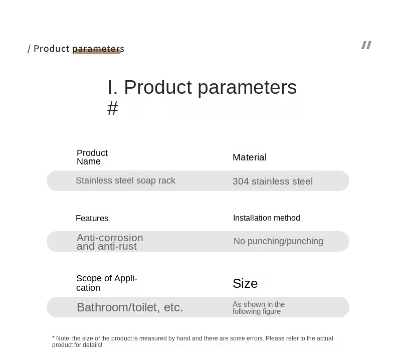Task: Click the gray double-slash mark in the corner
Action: tap(366, 45)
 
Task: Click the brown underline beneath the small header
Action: tap(97, 52)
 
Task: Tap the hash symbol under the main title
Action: tap(113, 108)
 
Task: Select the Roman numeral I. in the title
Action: tap(112, 87)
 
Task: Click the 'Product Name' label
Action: tap(92, 157)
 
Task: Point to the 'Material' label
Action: tap(250, 157)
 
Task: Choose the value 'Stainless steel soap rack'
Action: tap(125, 181)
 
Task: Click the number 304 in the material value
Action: tap(241, 182)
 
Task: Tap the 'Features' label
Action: tap(92, 218)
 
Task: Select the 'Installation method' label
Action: tap(267, 218)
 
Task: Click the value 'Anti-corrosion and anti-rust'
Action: tap(110, 242)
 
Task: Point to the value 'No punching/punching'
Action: tap(278, 241)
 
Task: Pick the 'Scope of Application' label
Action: tap(107, 283)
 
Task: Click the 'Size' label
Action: tap(245, 283)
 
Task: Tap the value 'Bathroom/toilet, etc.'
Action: tap(130, 307)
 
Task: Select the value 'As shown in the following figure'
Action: tap(259, 308)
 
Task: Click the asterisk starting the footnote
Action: tap(53, 338)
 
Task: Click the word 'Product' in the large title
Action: tap(158, 87)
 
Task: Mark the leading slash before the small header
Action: tap(29, 49)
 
